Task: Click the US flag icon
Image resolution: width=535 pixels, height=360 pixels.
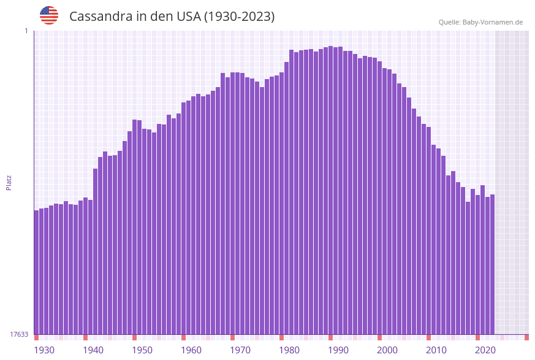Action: coord(49,15)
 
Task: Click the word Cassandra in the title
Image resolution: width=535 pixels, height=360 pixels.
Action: coord(99,17)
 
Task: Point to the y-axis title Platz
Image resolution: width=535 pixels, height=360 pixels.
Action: coord(9,182)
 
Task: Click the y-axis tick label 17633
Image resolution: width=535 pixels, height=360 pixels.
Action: coord(20,334)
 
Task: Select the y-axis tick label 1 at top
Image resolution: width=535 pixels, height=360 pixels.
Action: coord(26,31)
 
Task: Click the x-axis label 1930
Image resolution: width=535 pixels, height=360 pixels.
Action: coord(44,350)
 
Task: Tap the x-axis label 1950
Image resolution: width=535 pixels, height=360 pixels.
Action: coord(142,350)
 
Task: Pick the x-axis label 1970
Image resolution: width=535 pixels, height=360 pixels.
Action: coord(240,350)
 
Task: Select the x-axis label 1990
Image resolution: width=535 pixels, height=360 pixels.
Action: coord(338,350)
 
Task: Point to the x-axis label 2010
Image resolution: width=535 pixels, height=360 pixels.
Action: coord(436,350)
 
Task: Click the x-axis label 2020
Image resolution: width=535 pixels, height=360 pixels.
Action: coord(485,350)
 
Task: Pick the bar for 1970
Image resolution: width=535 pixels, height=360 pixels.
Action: coord(233,203)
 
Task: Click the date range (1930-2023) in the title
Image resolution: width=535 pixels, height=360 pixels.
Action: coord(240,17)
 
